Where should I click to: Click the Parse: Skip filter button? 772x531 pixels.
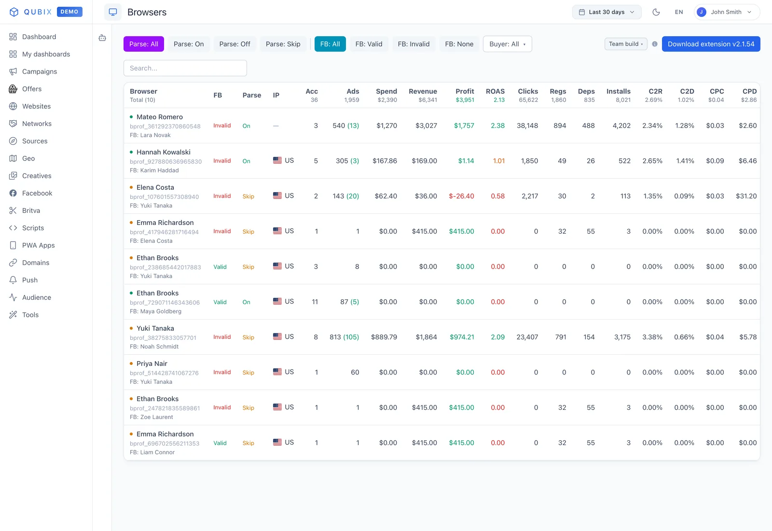click(x=283, y=44)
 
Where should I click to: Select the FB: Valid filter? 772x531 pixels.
click(x=369, y=44)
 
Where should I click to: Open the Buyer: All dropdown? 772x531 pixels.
click(x=507, y=44)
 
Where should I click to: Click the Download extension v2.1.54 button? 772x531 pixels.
click(x=711, y=44)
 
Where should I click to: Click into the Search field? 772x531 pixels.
click(x=185, y=68)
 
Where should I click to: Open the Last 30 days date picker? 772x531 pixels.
click(x=607, y=12)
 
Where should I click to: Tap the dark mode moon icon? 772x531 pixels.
click(x=656, y=12)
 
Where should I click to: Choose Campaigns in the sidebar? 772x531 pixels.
click(x=39, y=71)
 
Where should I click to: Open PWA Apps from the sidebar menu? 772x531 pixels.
click(x=38, y=245)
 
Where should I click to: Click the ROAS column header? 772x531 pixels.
click(x=495, y=91)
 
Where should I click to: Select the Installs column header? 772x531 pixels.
click(x=618, y=91)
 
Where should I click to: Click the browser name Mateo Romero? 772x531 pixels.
click(x=160, y=117)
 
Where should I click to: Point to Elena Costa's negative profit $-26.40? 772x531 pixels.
click(x=461, y=196)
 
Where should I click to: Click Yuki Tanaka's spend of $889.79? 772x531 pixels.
click(x=384, y=337)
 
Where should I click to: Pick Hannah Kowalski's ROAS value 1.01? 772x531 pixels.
click(x=499, y=161)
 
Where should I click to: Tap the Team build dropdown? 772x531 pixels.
click(x=626, y=44)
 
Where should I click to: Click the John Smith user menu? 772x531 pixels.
click(x=727, y=12)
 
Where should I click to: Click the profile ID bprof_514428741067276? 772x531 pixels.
click(x=164, y=373)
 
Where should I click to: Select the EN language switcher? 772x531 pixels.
click(x=678, y=12)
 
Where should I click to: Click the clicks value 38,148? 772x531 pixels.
click(x=527, y=126)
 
